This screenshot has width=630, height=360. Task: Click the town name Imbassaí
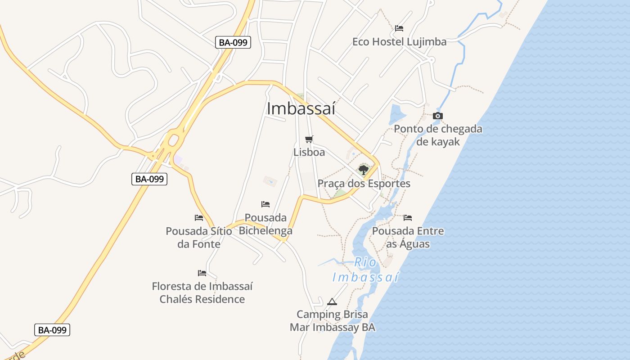click(301, 108)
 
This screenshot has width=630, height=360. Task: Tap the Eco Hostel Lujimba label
click(399, 42)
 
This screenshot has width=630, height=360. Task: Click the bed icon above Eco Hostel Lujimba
click(399, 28)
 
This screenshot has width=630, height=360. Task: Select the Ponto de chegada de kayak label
click(438, 135)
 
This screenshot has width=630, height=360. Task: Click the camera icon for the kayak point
click(438, 116)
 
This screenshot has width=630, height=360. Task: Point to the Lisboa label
click(309, 152)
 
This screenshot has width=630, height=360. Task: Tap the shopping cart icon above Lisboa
click(309, 139)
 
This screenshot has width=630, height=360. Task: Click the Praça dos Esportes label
click(364, 184)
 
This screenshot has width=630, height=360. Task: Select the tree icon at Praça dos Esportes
click(364, 170)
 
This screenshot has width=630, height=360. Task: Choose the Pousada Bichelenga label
click(265, 224)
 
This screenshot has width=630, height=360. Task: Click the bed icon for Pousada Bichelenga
click(265, 204)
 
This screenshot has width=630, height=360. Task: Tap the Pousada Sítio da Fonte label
click(199, 238)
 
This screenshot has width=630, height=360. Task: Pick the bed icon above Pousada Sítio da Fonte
click(199, 218)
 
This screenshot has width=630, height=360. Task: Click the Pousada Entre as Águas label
click(408, 238)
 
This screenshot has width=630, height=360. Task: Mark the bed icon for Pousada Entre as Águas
click(408, 218)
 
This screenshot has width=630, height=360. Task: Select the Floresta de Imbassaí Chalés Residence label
click(202, 292)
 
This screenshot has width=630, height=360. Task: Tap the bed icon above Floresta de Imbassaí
click(202, 273)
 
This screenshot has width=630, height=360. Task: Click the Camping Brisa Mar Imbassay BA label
click(332, 320)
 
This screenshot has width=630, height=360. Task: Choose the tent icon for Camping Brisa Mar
click(332, 301)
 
